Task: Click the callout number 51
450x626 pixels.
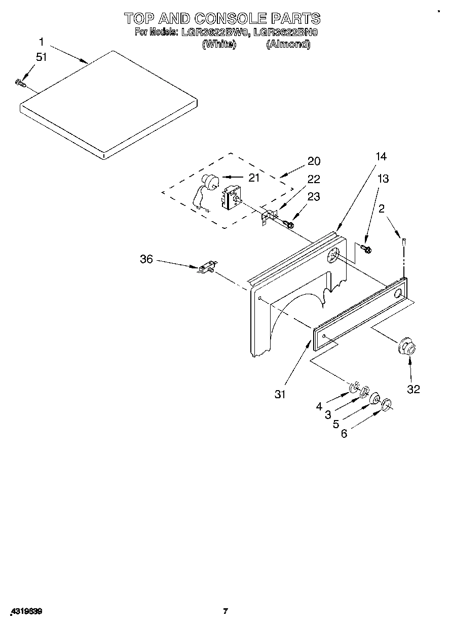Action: pyautogui.click(x=41, y=57)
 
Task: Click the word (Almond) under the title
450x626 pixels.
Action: pyautogui.click(x=288, y=44)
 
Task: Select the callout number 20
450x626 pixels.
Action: pyautogui.click(x=314, y=161)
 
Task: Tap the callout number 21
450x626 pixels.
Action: pyautogui.click(x=254, y=178)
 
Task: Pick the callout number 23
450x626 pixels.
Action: pyautogui.click(x=314, y=197)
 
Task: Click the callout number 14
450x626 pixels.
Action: pyautogui.click(x=381, y=157)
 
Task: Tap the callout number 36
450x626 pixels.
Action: pyautogui.click(x=146, y=259)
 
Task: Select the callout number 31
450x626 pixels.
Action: pyautogui.click(x=280, y=394)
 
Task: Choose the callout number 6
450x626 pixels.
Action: pyautogui.click(x=344, y=434)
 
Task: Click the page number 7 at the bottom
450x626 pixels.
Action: pyautogui.click(x=226, y=611)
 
